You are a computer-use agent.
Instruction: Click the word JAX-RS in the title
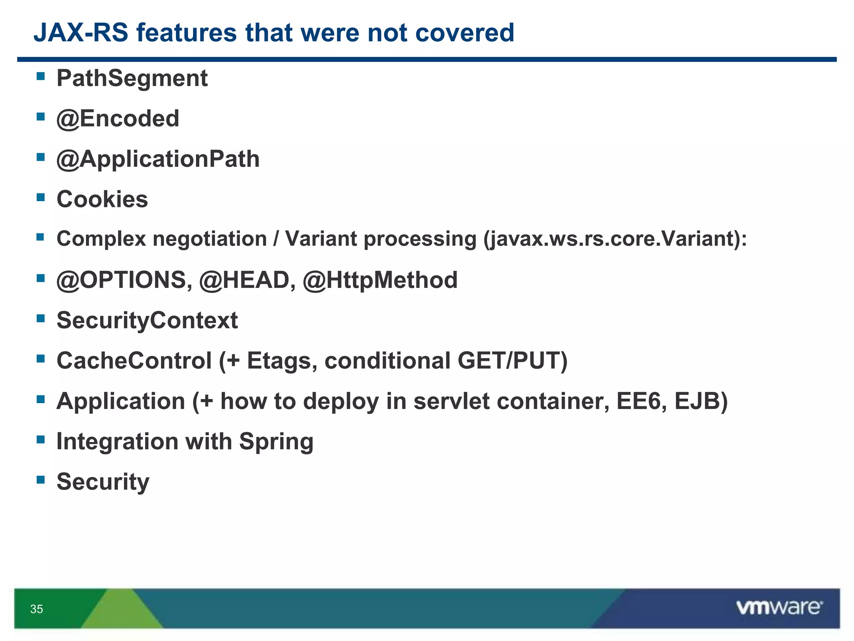(80, 33)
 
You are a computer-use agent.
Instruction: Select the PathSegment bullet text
(132, 78)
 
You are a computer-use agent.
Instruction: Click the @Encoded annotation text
(118, 119)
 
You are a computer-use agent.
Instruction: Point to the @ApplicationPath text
(158, 159)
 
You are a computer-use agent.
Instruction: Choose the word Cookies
(102, 199)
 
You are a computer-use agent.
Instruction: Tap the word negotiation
(209, 239)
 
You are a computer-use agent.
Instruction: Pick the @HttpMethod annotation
(380, 280)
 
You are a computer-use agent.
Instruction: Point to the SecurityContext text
(147, 320)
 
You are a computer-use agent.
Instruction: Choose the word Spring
(276, 442)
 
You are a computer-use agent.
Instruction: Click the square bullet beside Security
(40, 479)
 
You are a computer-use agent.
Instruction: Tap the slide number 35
(37, 609)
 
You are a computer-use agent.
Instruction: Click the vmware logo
(779, 608)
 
